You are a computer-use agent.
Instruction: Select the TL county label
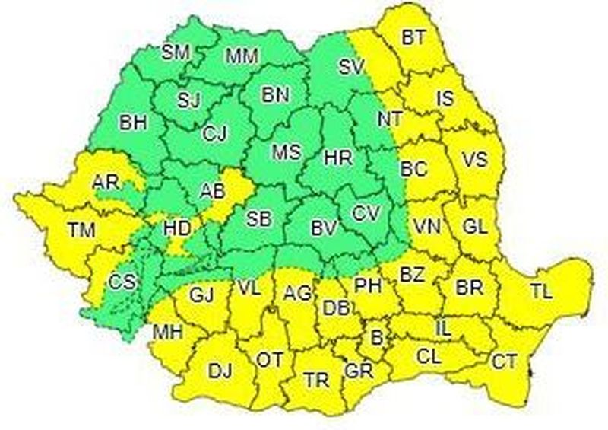[542, 290]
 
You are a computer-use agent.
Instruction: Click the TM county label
[81, 229]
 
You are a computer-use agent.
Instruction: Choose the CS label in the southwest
[122, 282]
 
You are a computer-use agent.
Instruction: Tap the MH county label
[166, 332]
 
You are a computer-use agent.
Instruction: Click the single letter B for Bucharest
[375, 335]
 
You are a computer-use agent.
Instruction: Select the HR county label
[337, 158]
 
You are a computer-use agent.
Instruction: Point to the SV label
[352, 67]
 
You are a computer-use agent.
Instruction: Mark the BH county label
[132, 122]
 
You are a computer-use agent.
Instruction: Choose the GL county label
[475, 226]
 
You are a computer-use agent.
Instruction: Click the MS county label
[287, 151]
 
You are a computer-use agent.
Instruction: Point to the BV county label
[324, 228]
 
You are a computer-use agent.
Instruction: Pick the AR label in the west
[105, 183]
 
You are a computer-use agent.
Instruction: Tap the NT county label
[391, 119]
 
